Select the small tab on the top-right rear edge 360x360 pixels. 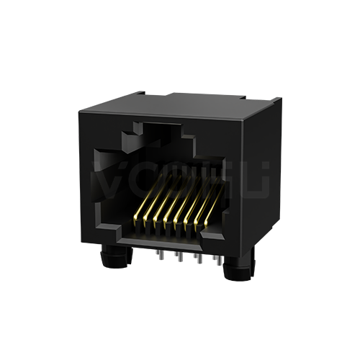[x=245, y=94]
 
